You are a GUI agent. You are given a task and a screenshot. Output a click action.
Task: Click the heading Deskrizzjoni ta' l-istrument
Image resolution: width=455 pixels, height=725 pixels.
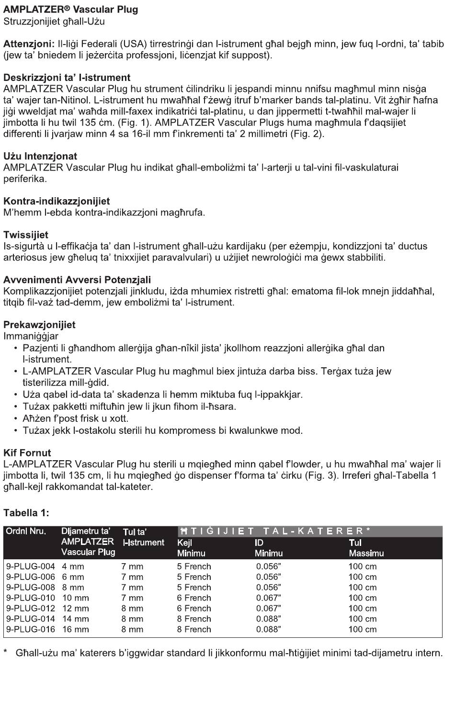pyautogui.click(x=67, y=78)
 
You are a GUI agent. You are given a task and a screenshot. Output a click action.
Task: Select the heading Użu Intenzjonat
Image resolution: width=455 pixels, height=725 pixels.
pyautogui.click(x=40, y=156)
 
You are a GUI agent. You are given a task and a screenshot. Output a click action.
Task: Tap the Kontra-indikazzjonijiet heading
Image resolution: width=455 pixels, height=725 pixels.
pyautogui.click(x=57, y=201)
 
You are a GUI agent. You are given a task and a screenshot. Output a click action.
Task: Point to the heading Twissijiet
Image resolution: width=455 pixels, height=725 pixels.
pyautogui.click(x=26, y=235)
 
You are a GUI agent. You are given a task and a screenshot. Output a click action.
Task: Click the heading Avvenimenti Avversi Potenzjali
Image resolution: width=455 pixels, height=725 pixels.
pyautogui.click(x=77, y=280)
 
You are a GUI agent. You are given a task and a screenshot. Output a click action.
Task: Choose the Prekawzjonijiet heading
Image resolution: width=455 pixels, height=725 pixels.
pyautogui.click(x=39, y=325)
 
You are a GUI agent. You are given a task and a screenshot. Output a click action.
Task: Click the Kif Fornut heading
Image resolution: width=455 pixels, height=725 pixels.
pyautogui.click(x=27, y=453)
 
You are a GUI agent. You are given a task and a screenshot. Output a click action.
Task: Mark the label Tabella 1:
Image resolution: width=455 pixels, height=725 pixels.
pyautogui.click(x=26, y=513)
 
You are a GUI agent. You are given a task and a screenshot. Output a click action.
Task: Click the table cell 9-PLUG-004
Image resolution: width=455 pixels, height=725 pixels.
pyautogui.click(x=31, y=566)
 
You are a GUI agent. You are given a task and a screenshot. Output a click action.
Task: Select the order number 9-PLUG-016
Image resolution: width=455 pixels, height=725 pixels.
pyautogui.click(x=31, y=630)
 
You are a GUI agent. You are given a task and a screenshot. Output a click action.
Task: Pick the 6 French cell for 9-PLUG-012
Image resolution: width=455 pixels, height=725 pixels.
pyautogui.click(x=194, y=609)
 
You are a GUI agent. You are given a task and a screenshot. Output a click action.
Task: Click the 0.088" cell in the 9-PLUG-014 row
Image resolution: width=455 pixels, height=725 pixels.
pyautogui.click(x=268, y=619)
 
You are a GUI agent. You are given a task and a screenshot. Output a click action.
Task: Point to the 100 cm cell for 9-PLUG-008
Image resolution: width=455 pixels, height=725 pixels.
pyautogui.click(x=363, y=588)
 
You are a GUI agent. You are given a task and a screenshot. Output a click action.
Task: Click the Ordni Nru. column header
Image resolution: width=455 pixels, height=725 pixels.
pyautogui.click(x=26, y=532)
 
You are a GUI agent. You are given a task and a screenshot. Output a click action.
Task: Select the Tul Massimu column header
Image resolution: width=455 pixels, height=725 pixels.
pyautogui.click(x=366, y=548)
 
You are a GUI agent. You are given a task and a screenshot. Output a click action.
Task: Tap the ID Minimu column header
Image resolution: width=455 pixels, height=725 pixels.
pyautogui.click(x=268, y=548)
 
